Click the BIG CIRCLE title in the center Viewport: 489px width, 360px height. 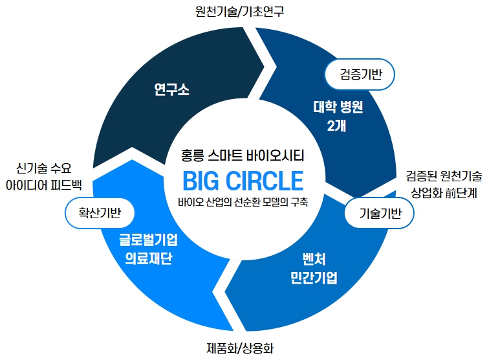(x=243, y=179)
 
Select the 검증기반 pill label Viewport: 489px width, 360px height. (x=362, y=74)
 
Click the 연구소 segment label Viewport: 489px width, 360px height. (x=172, y=89)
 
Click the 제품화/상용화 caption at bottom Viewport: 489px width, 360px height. (x=241, y=348)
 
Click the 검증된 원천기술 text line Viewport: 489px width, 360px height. (x=444, y=175)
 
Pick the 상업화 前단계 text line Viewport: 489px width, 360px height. (x=444, y=193)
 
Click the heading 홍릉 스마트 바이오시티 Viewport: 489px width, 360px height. (x=243, y=155)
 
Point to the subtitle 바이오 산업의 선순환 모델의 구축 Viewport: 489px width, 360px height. (x=243, y=201)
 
